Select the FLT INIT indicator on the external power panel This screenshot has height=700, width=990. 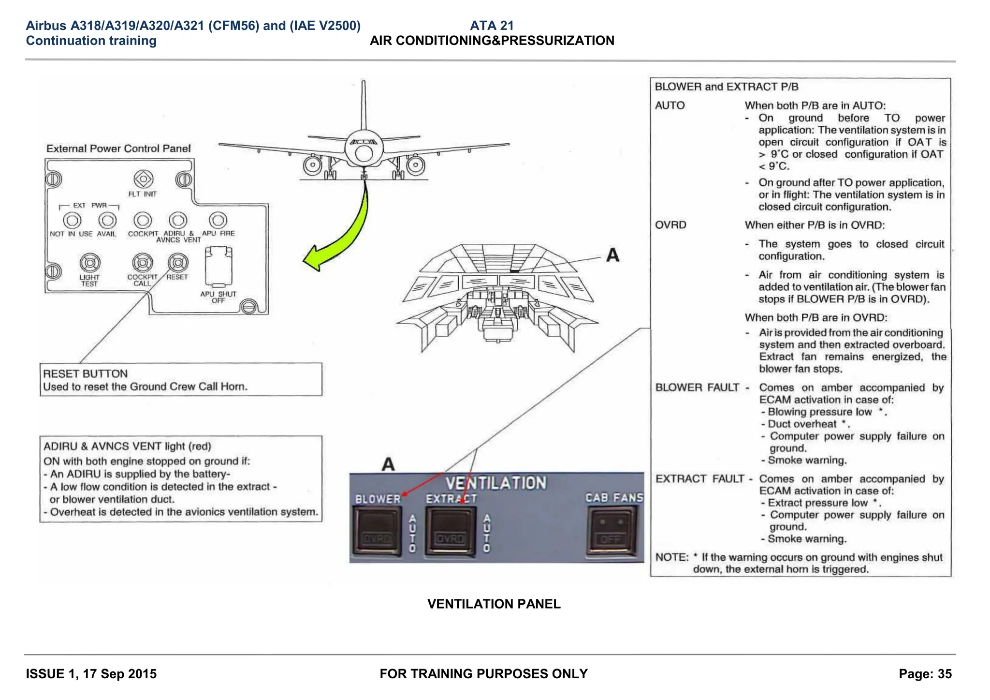pos(143,179)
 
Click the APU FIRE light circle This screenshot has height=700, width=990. pos(218,220)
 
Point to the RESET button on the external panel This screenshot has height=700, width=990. pos(178,263)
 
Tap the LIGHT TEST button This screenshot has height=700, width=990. pos(90,263)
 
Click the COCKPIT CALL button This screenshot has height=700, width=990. pos(143,263)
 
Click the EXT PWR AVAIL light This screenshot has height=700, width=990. pos(107,221)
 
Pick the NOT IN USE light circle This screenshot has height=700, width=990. pos(72,221)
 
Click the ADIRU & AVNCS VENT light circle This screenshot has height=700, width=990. pos(178,221)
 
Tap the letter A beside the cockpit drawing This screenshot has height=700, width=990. pos(612,255)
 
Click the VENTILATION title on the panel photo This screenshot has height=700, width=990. pos(495,483)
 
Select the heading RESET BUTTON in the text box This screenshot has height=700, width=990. pos(86,374)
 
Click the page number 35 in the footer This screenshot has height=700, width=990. pos(944,674)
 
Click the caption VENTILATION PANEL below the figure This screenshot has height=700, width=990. pos(494,604)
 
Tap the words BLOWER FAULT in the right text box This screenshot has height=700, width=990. pos(697,387)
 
